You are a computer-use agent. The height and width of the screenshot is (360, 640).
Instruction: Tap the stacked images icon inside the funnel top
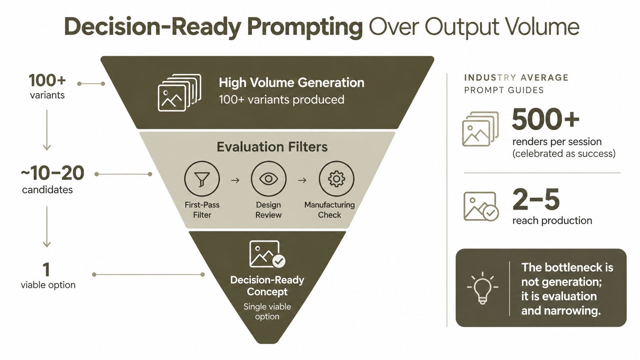tap(180, 93)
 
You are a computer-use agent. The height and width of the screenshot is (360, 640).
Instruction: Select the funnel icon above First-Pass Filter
tap(202, 179)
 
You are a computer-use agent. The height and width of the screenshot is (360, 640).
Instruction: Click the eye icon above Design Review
tap(269, 179)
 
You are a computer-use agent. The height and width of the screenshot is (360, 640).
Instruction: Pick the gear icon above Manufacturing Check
tap(336, 179)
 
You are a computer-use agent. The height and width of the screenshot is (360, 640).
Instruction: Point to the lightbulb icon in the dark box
tap(483, 288)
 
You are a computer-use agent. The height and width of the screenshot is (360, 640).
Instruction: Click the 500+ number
tap(545, 119)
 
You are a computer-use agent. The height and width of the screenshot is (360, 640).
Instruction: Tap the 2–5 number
tap(536, 199)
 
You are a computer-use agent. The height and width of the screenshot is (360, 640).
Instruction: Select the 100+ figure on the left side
tap(47, 80)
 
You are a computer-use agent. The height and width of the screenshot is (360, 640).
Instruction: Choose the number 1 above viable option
tap(46, 269)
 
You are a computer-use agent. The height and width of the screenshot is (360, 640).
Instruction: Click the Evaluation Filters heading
tap(272, 147)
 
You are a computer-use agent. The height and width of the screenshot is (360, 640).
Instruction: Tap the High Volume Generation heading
tap(291, 83)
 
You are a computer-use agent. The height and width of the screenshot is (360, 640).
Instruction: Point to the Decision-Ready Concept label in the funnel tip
tap(267, 286)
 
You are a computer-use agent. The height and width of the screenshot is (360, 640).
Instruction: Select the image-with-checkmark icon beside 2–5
tap(481, 207)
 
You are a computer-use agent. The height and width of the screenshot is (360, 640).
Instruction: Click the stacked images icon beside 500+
tap(480, 129)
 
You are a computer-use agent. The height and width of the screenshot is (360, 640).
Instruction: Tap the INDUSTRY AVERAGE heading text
tap(516, 78)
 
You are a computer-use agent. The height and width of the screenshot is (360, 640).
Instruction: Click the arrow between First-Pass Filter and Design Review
tap(235, 181)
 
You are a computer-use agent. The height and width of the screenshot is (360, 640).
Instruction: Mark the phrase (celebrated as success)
tap(564, 153)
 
